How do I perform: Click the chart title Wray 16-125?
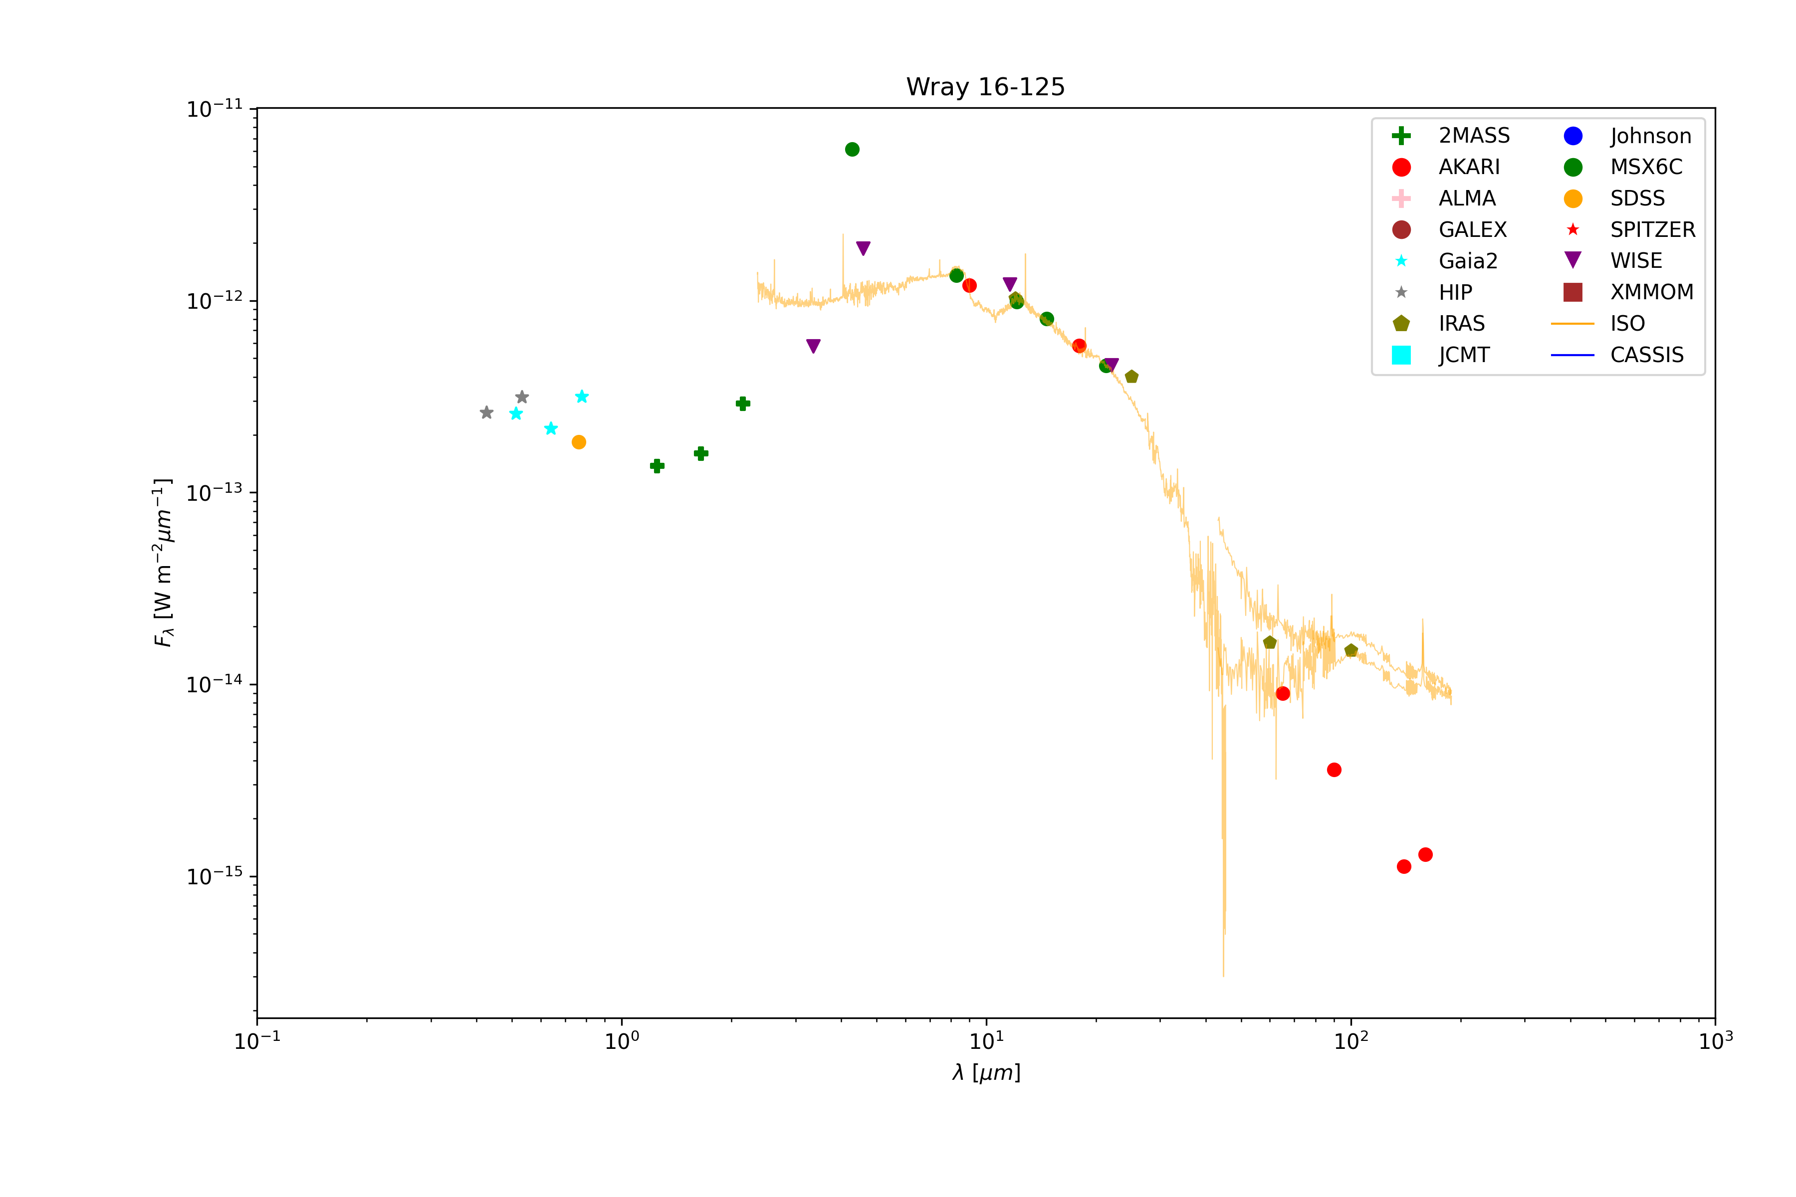(985, 87)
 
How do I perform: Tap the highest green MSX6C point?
(852, 150)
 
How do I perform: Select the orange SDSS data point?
(579, 442)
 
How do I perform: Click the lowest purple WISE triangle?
(813, 346)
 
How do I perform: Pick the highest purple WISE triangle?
(863, 248)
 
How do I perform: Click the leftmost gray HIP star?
(486, 413)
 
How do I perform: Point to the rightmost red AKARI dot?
(1425, 854)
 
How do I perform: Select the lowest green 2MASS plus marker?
(657, 466)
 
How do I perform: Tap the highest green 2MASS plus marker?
(743, 403)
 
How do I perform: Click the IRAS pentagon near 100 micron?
(1351, 650)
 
